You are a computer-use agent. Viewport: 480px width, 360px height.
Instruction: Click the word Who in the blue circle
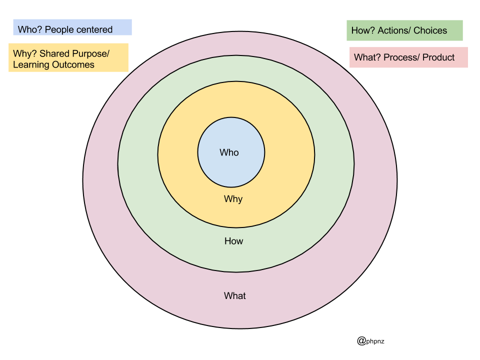(x=229, y=152)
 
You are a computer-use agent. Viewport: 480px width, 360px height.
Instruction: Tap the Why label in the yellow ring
(x=233, y=199)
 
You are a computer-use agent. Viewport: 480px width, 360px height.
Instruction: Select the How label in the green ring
(x=233, y=241)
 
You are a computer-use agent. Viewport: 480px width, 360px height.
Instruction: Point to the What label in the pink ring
(x=235, y=296)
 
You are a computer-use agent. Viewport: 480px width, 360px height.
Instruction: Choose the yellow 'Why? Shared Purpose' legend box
(x=68, y=57)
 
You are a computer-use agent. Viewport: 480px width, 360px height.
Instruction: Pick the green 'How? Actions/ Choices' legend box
(x=404, y=30)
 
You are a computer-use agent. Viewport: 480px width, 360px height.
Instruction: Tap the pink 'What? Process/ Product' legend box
(x=408, y=57)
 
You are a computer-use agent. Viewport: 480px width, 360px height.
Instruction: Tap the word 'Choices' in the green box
(x=430, y=30)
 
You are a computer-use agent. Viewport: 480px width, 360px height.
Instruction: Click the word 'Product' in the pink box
(x=438, y=57)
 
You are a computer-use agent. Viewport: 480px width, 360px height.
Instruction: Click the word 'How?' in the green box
(x=361, y=30)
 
